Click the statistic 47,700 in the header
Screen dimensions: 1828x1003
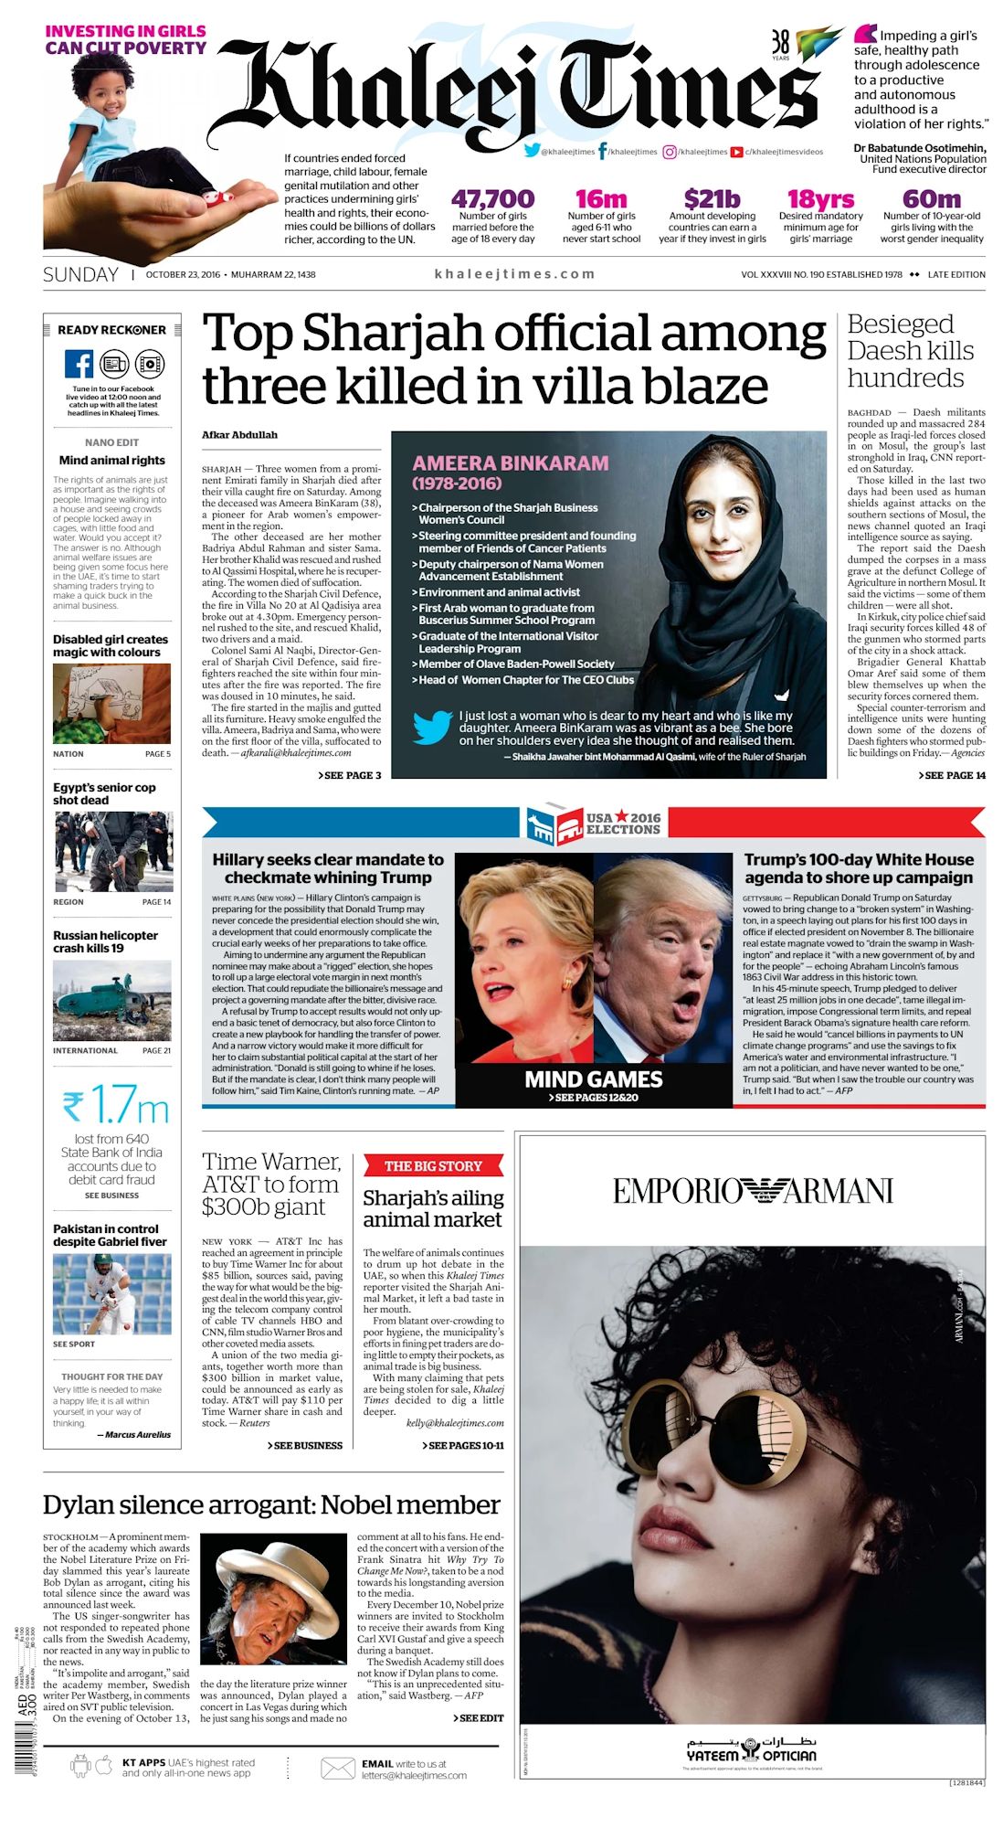(x=492, y=199)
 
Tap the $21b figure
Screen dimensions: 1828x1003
(x=712, y=199)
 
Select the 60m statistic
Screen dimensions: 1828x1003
(x=931, y=199)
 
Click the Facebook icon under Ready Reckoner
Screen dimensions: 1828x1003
(x=79, y=364)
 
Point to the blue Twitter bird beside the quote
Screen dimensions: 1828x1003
(x=431, y=728)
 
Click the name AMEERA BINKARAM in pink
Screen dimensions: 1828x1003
(x=510, y=463)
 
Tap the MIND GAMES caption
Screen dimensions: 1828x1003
(x=593, y=1079)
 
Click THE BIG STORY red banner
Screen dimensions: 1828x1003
(x=433, y=1165)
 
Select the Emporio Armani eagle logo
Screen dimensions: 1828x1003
(x=752, y=1191)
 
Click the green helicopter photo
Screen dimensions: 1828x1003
(x=111, y=1001)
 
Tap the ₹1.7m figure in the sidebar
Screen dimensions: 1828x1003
(x=115, y=1106)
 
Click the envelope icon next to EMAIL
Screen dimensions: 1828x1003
(x=338, y=1769)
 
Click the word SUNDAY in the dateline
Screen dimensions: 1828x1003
(x=80, y=274)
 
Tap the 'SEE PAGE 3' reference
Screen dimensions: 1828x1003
(x=350, y=775)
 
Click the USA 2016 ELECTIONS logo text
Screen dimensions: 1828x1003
(x=622, y=824)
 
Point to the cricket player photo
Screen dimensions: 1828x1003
(x=111, y=1293)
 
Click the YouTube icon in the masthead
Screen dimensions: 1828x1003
(x=736, y=152)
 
